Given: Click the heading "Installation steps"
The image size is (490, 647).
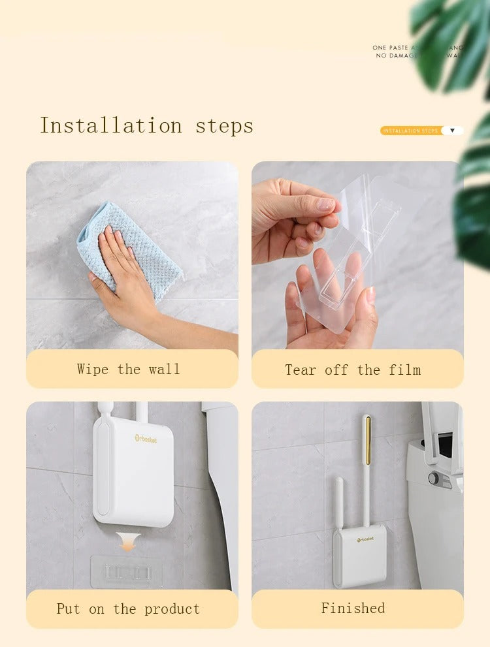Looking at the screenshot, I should [146, 125].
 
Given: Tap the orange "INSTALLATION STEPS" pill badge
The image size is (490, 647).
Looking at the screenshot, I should [411, 131].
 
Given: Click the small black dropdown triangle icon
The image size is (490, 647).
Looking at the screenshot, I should [452, 131].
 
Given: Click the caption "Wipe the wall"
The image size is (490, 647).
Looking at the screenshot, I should [128, 369].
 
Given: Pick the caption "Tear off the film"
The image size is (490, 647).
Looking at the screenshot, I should [353, 370].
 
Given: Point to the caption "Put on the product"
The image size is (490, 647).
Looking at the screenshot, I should [128, 608].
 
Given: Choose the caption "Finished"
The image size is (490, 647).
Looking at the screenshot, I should [353, 608].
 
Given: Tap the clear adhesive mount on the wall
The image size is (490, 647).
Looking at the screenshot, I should [127, 571].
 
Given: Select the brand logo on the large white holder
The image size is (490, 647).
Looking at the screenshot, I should [146, 438].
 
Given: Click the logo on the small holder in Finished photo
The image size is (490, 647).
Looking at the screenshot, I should [365, 539].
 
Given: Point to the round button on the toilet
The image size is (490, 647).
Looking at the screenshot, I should [434, 478].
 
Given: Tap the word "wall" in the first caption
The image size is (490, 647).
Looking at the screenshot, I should [164, 369].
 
